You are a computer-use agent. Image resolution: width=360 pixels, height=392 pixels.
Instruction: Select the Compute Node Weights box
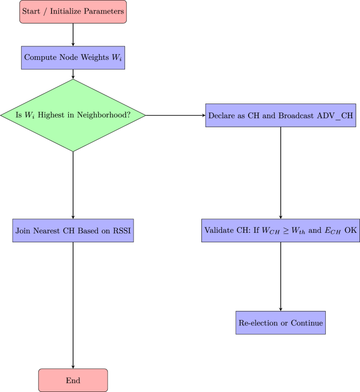73,58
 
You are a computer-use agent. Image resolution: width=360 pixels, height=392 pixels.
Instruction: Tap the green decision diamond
73,115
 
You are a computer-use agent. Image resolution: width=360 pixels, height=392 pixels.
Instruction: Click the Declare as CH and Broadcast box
280,115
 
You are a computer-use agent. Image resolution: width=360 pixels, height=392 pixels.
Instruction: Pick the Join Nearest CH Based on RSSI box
73,231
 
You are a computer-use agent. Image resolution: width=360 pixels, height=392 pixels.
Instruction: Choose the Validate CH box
280,231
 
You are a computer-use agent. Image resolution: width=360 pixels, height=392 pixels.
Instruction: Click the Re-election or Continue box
280,323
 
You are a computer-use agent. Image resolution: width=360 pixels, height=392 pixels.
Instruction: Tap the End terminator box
73,380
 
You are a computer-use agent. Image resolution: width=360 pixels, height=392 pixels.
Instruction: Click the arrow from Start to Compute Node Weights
73,35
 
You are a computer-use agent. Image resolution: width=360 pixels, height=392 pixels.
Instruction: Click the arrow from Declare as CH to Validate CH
280,173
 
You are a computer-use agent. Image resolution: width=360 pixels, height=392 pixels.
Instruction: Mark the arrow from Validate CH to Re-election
280,276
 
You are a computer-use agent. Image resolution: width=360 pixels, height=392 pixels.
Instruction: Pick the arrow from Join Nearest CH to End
73,305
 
